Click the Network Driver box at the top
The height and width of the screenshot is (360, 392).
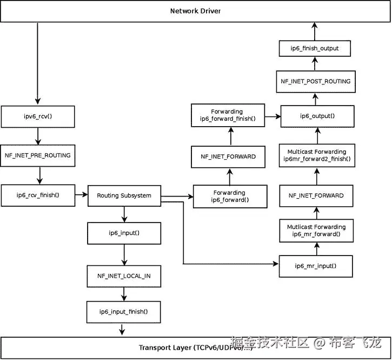pyautogui.click(x=196, y=11)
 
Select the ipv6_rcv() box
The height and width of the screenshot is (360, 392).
pyautogui.click(x=37, y=116)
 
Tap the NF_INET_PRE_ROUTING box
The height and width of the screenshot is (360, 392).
pyautogui.click(x=37, y=155)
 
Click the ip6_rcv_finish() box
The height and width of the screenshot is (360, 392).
pyautogui.click(x=37, y=195)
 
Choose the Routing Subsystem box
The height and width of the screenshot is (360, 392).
pyautogui.click(x=124, y=195)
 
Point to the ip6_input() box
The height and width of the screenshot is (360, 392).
pyautogui.click(x=124, y=233)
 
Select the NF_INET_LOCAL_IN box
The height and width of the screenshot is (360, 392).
pyautogui.click(x=124, y=276)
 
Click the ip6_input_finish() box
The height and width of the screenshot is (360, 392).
pyautogui.click(x=124, y=311)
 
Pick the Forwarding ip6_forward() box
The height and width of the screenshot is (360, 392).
pyautogui.click(x=230, y=196)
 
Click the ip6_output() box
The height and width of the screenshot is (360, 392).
pyautogui.click(x=317, y=116)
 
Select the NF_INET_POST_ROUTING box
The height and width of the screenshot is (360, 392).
pyautogui.click(x=316, y=81)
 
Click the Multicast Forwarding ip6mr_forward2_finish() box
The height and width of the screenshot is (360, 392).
pyautogui.click(x=317, y=155)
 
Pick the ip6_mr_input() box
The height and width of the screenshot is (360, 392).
pyautogui.click(x=316, y=266)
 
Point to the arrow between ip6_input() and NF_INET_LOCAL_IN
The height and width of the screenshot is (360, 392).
pyautogui.click(x=124, y=254)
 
